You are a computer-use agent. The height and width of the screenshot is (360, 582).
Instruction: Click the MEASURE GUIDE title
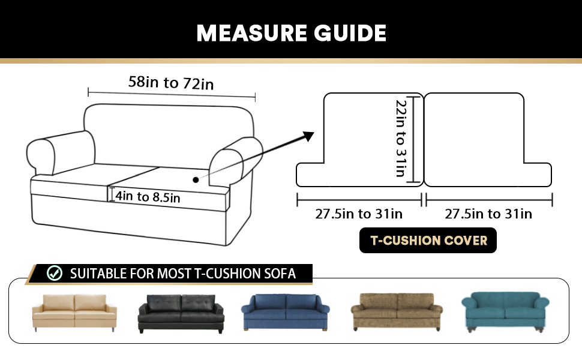291,32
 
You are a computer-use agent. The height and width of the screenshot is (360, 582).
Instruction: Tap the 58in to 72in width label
171,82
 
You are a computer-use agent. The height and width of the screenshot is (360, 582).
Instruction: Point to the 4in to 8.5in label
148,196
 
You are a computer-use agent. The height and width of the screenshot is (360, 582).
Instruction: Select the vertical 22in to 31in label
401,138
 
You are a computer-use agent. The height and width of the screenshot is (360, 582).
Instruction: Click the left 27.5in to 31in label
359,214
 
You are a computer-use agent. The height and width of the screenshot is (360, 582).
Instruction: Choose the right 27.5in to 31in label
488,214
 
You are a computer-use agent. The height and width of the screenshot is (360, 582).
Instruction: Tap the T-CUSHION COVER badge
428,241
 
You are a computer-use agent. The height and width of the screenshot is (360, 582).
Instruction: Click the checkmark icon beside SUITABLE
55,274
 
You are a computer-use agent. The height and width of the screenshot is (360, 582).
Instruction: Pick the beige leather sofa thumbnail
74,312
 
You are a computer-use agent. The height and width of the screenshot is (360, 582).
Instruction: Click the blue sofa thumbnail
287,312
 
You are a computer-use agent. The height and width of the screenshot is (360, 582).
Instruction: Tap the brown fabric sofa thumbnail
397,312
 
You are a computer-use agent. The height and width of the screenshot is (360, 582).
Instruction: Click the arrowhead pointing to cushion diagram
308,136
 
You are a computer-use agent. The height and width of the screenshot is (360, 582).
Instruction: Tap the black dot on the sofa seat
195,179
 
